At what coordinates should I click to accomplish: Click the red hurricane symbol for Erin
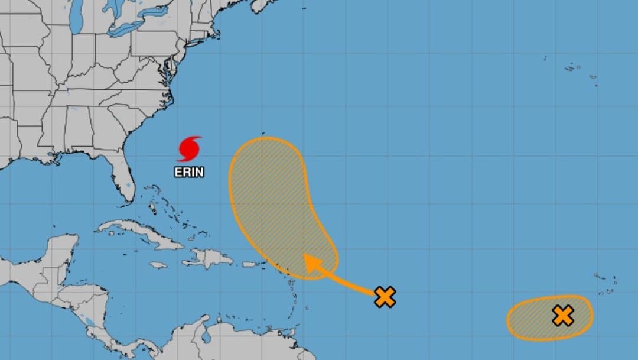[x=189, y=149]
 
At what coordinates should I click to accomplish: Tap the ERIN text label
[x=189, y=172]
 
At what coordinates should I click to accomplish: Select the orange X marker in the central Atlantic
[x=385, y=297]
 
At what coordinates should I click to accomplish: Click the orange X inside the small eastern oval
[x=563, y=316]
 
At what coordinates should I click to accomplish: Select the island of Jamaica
[x=158, y=265]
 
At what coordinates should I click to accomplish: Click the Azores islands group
[x=573, y=68]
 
